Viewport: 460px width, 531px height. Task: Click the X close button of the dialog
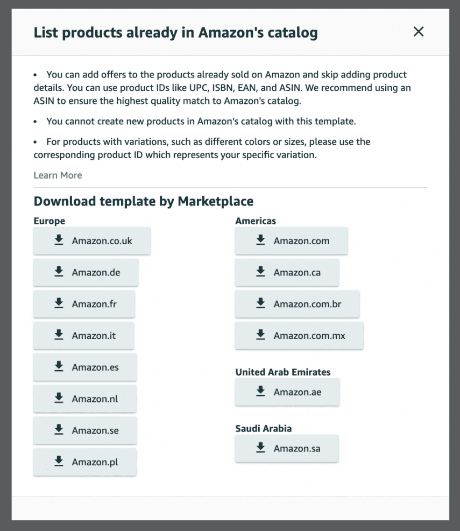click(419, 32)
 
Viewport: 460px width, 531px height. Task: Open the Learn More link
click(58, 175)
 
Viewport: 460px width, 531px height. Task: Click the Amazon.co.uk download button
click(92, 241)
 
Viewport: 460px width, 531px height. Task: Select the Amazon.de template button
click(86, 273)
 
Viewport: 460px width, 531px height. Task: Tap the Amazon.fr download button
click(84, 305)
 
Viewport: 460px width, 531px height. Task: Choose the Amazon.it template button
click(83, 336)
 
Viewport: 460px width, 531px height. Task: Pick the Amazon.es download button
click(85, 367)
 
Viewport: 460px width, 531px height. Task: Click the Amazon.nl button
click(84, 399)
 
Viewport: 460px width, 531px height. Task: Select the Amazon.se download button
click(84, 430)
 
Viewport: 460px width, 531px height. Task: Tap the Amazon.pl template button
click(84, 462)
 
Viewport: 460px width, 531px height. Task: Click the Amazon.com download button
click(291, 241)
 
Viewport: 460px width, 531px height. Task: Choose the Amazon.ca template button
click(287, 273)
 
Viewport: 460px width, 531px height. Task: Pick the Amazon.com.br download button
click(297, 305)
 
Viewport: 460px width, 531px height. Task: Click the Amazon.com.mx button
click(299, 336)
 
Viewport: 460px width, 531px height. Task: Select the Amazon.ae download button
click(287, 392)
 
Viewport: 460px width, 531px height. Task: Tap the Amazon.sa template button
click(287, 449)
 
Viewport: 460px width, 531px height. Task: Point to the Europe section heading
click(49, 221)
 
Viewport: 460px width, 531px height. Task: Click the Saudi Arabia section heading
click(264, 429)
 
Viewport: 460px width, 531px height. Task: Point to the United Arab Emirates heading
click(283, 372)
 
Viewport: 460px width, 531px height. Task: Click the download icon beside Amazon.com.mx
click(261, 335)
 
